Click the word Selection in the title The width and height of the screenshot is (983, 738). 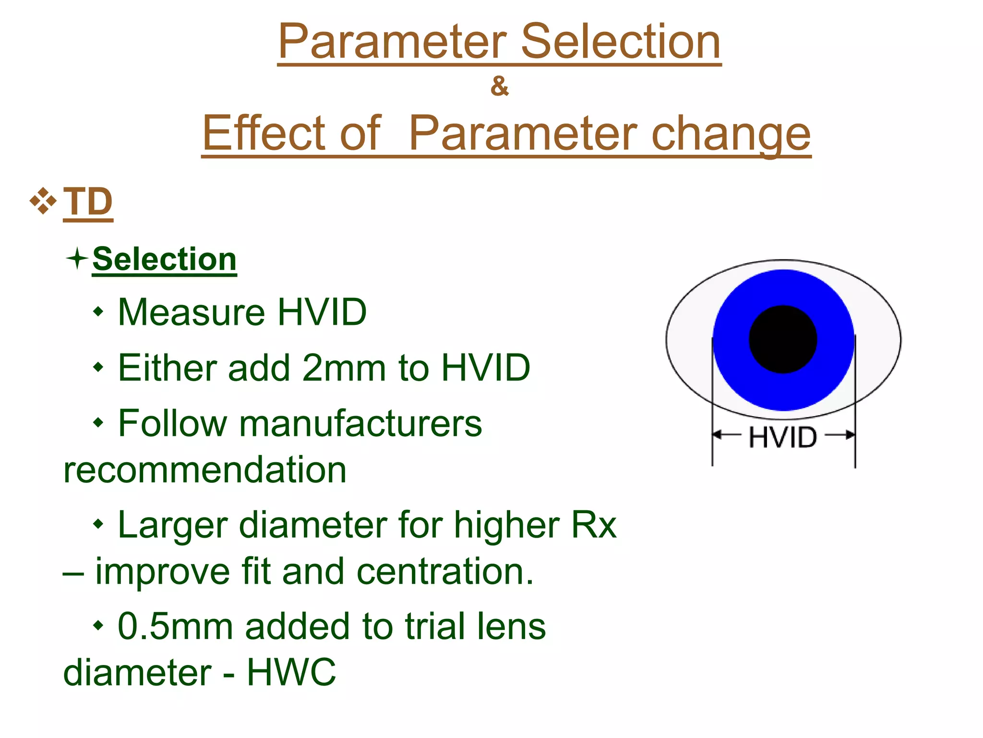coord(620,42)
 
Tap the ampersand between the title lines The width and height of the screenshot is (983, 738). coord(499,86)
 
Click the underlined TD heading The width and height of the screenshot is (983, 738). coord(88,202)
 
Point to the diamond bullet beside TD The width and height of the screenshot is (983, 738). coord(43,201)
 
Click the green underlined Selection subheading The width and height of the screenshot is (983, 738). coord(164,259)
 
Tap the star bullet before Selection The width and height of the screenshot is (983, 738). coord(77,259)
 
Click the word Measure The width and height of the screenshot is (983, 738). coord(192,313)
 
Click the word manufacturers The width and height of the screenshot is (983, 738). coord(360,424)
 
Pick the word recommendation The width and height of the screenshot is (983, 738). coord(205,470)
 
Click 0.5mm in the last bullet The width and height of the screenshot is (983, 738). coord(175,627)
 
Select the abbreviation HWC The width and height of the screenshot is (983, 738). coord(291,673)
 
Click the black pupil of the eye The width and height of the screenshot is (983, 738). coord(783,339)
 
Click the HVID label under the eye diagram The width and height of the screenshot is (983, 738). coord(782,437)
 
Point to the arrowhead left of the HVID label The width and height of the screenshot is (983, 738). coord(717,435)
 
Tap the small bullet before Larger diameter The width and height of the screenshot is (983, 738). coord(98,524)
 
